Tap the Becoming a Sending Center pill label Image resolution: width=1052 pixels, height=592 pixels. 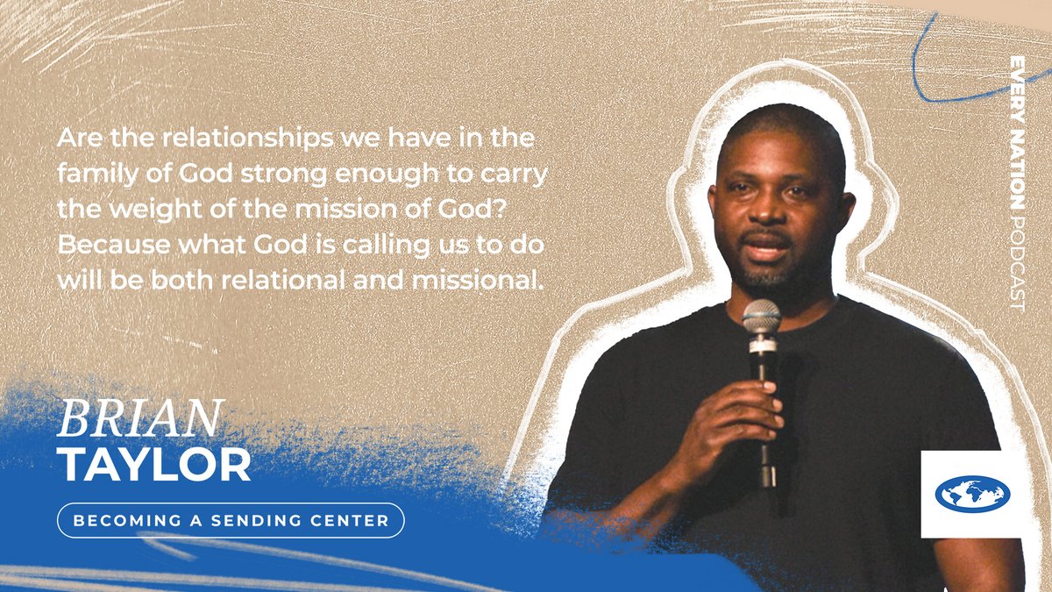pos(231,520)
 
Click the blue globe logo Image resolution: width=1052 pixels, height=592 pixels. pos(972,494)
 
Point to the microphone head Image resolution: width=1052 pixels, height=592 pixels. pos(761,318)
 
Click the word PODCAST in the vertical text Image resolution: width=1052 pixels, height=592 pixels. pos(1016,263)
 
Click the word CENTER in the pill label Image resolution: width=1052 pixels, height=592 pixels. pos(350,520)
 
